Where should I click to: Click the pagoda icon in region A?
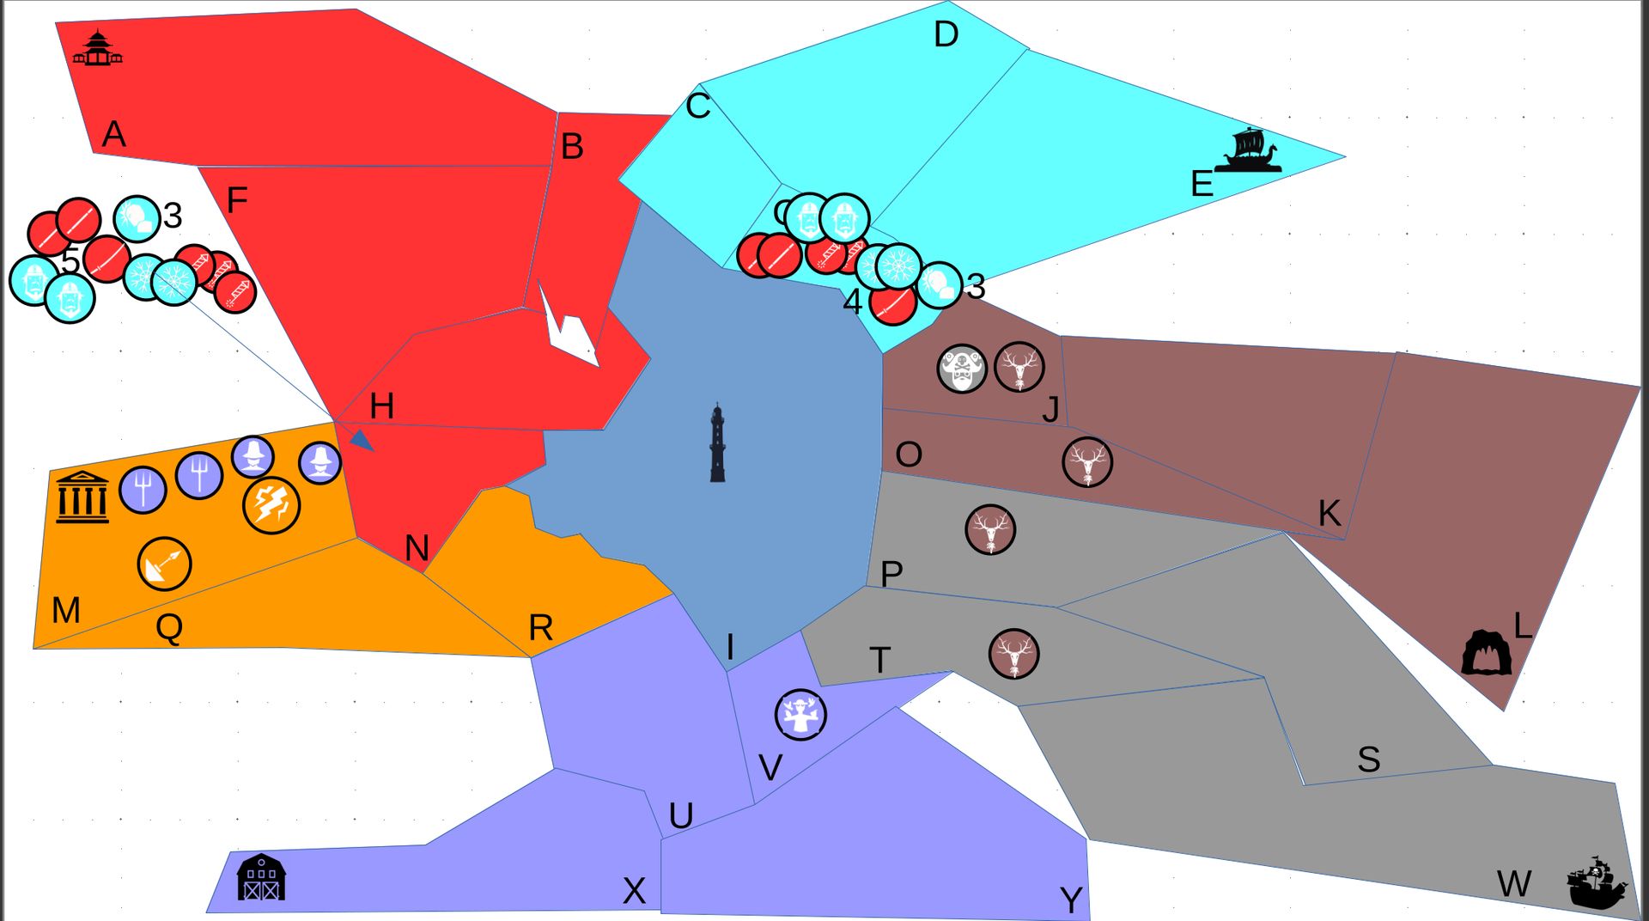point(97,49)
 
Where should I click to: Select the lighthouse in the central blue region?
point(718,443)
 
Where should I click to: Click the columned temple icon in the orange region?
point(82,497)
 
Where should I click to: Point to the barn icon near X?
point(261,877)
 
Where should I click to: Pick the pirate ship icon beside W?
point(1597,882)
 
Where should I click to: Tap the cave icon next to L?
point(1487,653)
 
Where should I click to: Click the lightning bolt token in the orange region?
point(271,505)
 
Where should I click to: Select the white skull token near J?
point(962,369)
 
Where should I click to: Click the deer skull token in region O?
point(1087,462)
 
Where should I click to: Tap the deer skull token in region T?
point(1014,654)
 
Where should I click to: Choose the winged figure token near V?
point(800,714)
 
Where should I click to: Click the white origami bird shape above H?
point(567,326)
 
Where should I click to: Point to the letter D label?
point(946,35)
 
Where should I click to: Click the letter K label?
point(1330,513)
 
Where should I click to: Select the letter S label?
point(1369,759)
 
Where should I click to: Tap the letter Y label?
point(1071,900)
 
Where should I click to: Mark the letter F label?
point(237,201)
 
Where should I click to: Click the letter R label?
point(540,628)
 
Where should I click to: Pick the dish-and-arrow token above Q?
point(164,564)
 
